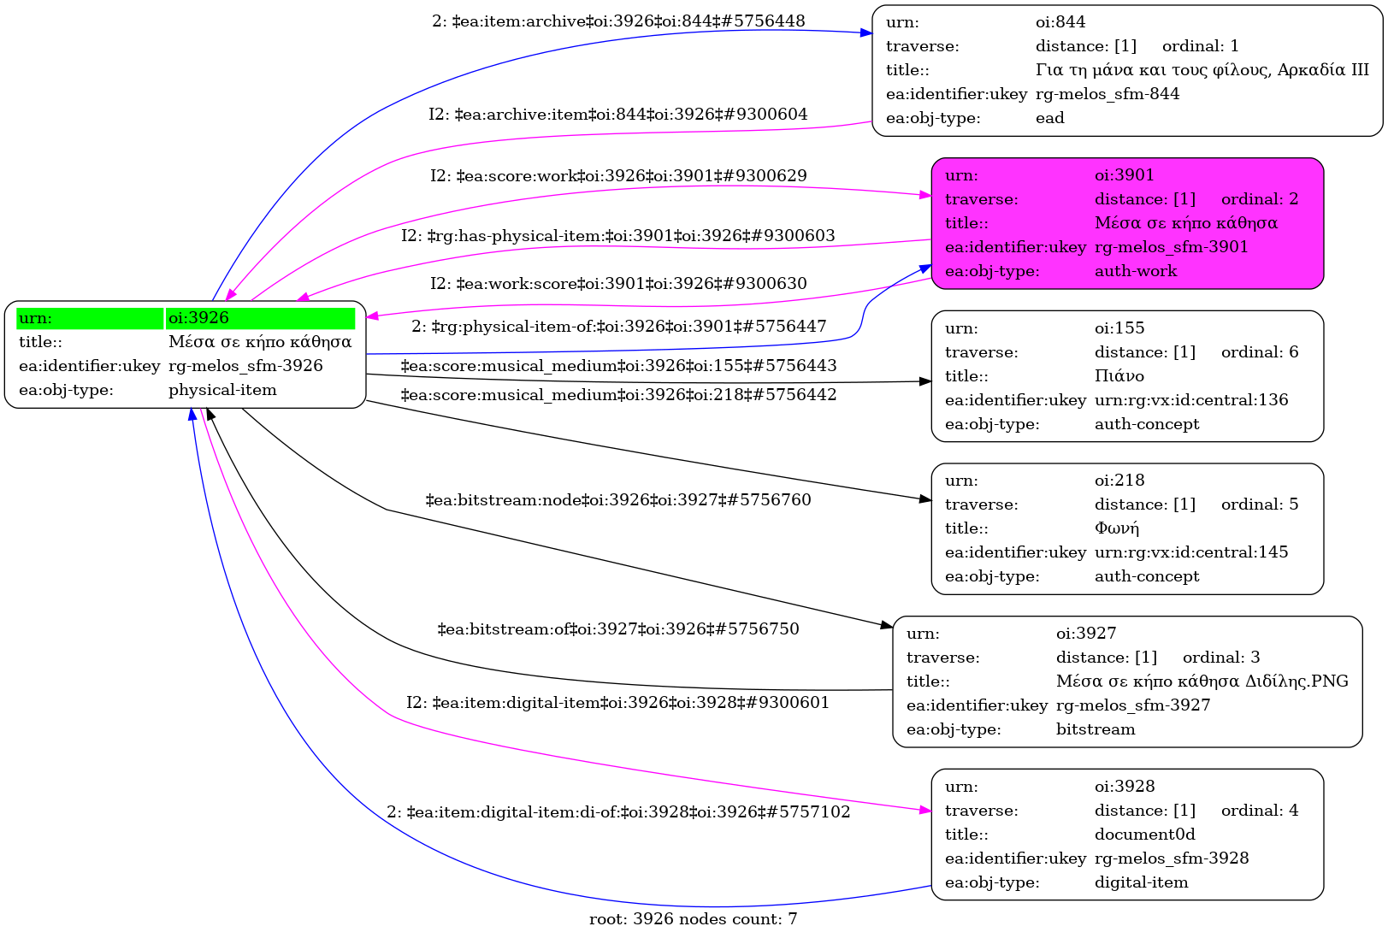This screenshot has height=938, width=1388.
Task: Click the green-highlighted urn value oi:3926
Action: (x=198, y=318)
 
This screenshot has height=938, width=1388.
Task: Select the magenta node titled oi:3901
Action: (x=1126, y=223)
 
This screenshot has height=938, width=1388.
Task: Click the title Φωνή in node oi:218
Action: (x=1116, y=528)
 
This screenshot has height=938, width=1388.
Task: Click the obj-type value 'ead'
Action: (x=1049, y=118)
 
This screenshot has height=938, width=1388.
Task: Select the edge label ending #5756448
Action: (x=617, y=21)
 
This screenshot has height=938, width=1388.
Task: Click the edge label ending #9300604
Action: (x=617, y=115)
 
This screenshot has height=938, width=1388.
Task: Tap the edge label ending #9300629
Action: (x=617, y=176)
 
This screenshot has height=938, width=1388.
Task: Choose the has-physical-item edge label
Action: (x=617, y=236)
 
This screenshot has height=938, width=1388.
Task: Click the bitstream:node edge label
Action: (x=617, y=500)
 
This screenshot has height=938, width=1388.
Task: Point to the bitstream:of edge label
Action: (x=617, y=629)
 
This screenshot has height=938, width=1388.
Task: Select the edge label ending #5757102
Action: (x=617, y=812)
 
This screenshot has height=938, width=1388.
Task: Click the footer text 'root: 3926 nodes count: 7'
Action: (x=693, y=919)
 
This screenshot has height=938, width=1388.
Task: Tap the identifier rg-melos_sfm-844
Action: (x=1107, y=94)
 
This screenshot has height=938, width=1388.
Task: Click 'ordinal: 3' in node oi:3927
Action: (x=1220, y=658)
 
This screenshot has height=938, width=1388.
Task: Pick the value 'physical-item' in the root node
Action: (x=222, y=390)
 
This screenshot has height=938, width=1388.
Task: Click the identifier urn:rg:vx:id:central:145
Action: (x=1190, y=552)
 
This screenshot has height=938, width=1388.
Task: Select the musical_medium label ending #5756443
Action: (x=617, y=366)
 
